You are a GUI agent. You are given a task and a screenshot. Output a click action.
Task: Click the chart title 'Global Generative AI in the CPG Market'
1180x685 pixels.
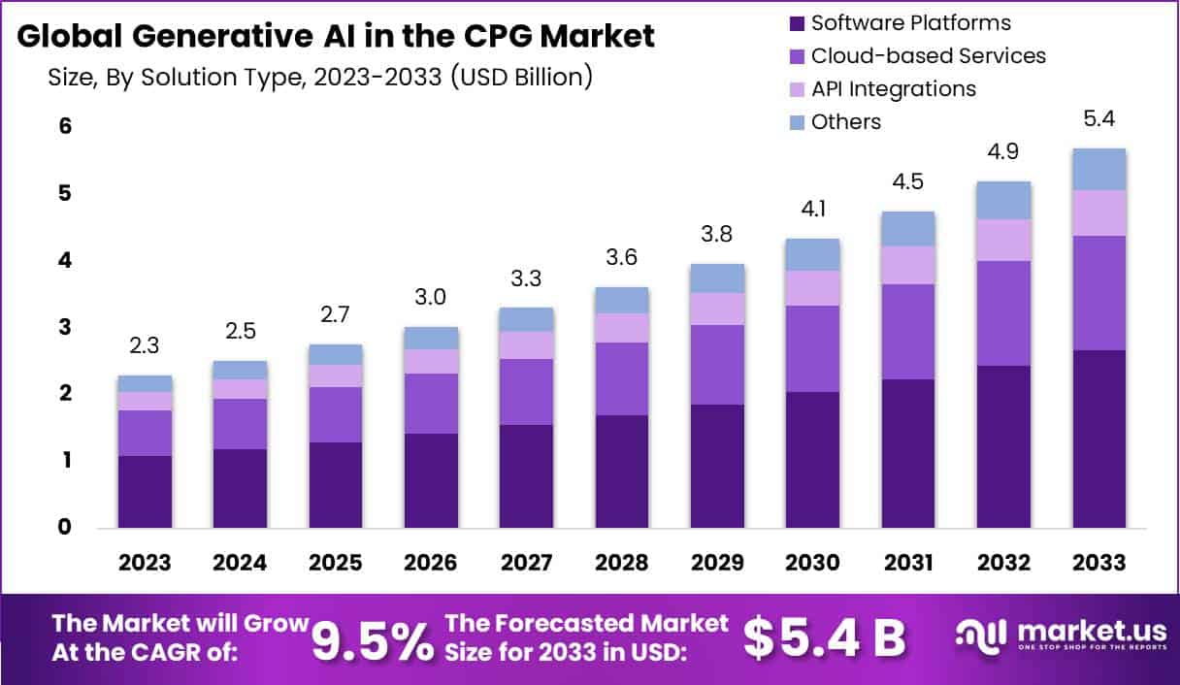tap(336, 36)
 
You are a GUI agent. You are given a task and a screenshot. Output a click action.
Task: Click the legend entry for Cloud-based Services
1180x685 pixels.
tap(928, 56)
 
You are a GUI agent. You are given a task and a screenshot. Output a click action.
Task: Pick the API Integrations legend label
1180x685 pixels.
tap(893, 89)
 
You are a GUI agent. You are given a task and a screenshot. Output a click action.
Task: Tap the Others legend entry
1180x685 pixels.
tap(845, 122)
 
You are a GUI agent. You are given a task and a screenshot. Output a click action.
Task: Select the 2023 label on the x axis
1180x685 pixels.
tap(145, 564)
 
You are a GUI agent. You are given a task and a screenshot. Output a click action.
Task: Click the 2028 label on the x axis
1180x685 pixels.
tap(622, 564)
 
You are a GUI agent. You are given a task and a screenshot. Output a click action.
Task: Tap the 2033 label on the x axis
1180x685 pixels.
tap(1099, 564)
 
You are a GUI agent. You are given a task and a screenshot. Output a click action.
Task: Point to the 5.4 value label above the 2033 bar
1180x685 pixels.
tap(1099, 121)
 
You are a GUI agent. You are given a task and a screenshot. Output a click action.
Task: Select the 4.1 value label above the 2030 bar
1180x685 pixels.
tap(812, 210)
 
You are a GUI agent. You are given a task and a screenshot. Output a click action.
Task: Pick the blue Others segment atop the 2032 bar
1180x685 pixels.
tap(1003, 200)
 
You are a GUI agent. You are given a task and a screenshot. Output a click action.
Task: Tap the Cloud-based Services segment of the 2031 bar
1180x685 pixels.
tap(908, 332)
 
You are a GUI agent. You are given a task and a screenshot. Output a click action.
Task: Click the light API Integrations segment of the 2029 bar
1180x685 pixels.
tap(717, 309)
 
